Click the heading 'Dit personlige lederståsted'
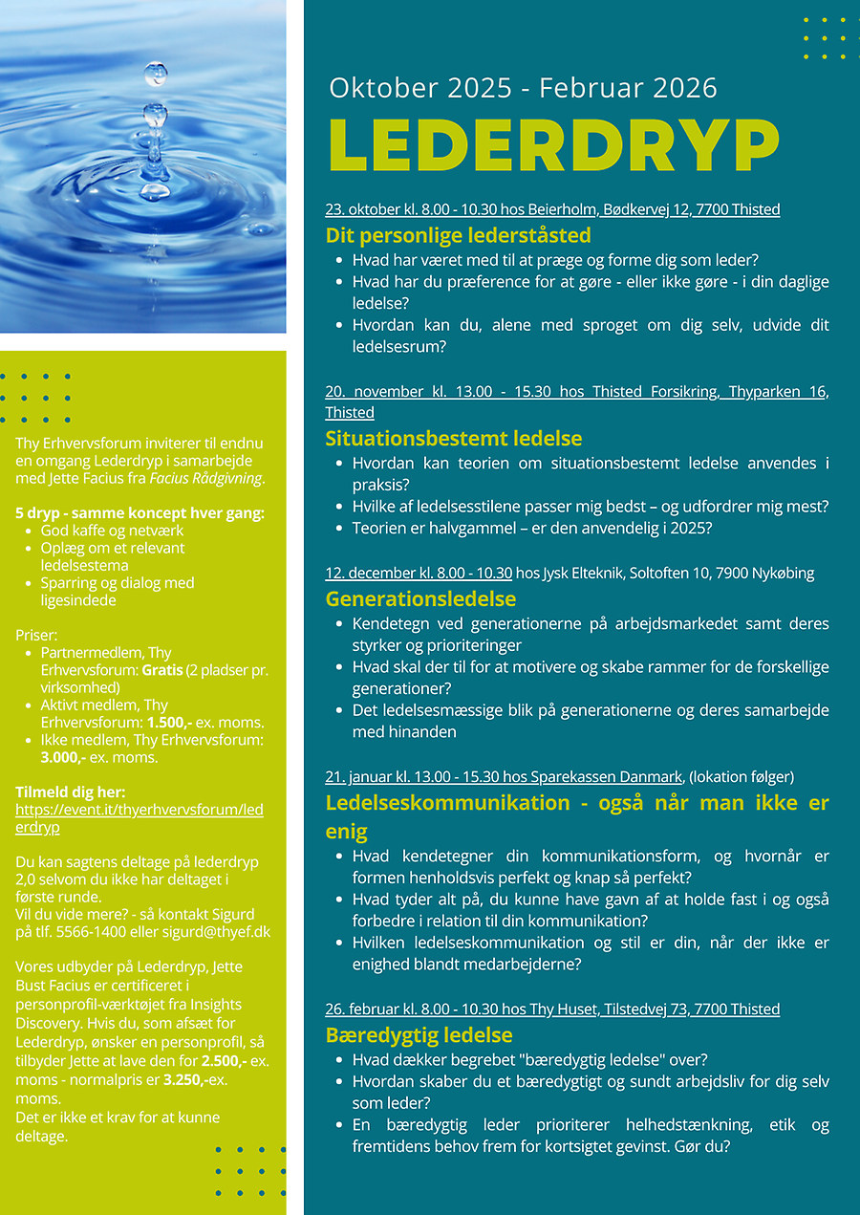coord(458,235)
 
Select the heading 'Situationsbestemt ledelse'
coord(453,439)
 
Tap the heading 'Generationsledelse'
coord(420,599)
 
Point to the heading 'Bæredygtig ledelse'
coord(419,1035)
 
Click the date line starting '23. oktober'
coord(552,209)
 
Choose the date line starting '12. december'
coord(419,574)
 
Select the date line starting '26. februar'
coord(552,1009)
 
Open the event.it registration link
coord(139,818)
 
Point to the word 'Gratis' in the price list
coord(161,670)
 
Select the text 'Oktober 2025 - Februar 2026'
coord(523,88)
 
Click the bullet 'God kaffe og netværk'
coord(112,531)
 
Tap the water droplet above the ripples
coord(155,74)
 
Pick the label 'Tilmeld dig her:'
coord(71,792)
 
